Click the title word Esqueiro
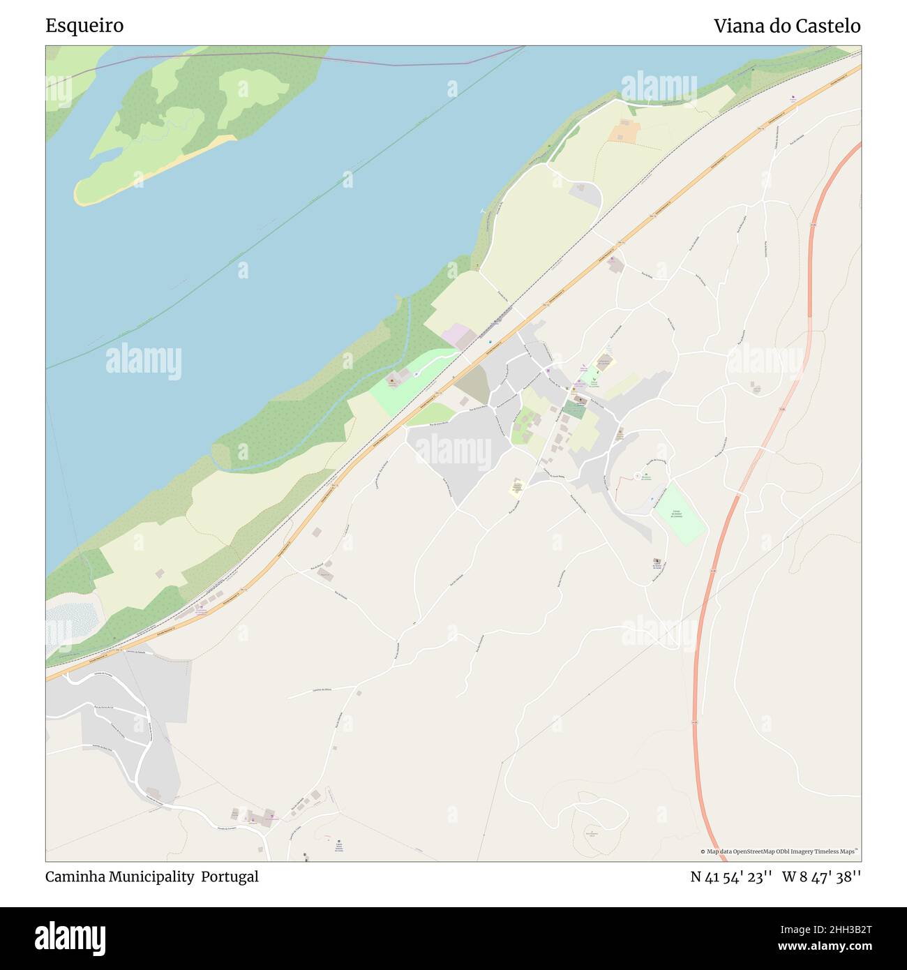click(x=84, y=26)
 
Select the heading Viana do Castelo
click(x=786, y=26)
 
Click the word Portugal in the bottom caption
click(x=230, y=876)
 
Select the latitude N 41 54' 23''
click(x=730, y=876)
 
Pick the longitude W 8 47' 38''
click(x=821, y=876)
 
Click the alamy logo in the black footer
click(x=70, y=938)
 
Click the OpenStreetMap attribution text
click(x=780, y=851)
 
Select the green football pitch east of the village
click(x=679, y=515)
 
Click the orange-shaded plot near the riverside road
click(x=624, y=131)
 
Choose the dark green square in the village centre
click(x=574, y=410)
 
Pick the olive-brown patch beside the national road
click(x=474, y=383)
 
